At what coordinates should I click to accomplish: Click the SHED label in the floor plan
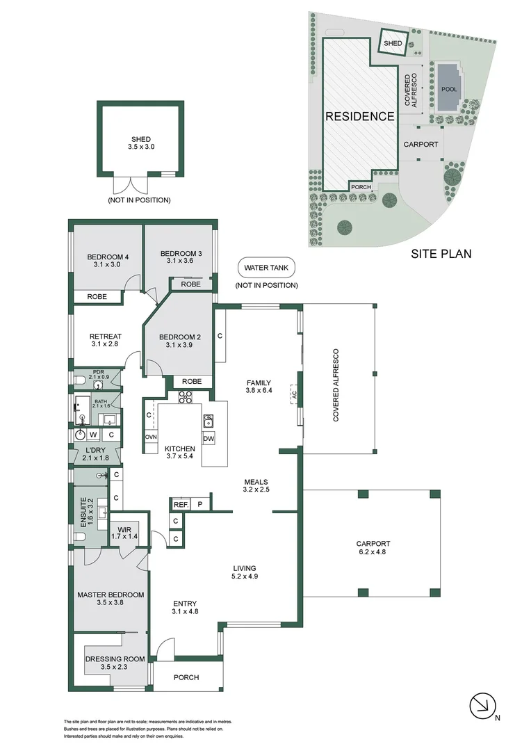point(140,139)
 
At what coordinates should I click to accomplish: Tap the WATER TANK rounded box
point(266,267)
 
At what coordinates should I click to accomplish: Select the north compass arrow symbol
point(480,706)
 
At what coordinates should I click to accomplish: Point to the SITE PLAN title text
point(441,254)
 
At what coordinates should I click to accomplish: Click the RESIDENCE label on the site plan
point(360,117)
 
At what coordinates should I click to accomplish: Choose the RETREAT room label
point(106,337)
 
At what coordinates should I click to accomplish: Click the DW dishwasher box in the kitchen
point(209,439)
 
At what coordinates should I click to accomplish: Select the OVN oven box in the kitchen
point(151,437)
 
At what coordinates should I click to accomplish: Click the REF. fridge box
point(180,504)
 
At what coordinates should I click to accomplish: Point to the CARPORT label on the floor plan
point(373,544)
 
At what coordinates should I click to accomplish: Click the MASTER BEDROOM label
point(111,595)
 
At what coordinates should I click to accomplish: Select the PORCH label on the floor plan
point(186,677)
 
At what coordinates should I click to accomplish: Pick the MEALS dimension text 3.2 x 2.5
point(256,490)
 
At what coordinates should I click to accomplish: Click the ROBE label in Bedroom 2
point(192,381)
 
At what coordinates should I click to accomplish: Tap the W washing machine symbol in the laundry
point(92,435)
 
